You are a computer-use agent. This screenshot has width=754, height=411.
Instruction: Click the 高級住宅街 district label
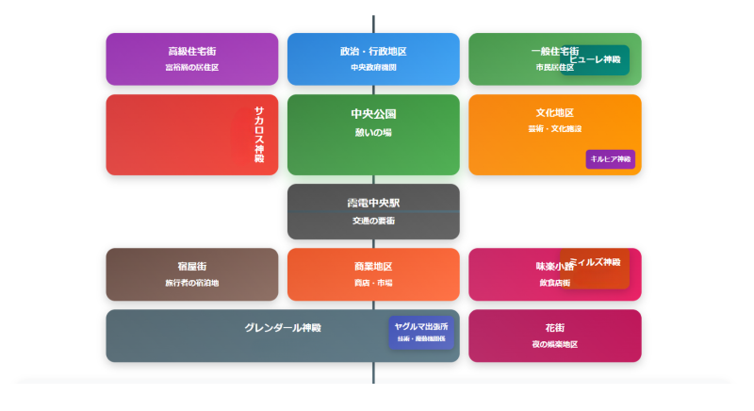coord(191,51)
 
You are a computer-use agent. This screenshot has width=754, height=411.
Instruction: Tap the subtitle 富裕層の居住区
coord(191,68)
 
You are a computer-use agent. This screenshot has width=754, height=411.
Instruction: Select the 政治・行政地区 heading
coord(373,51)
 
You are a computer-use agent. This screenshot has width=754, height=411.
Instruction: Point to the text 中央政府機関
coord(373,68)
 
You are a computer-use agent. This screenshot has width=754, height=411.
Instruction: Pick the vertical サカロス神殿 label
coord(259,135)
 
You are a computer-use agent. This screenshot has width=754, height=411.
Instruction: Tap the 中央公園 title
coord(373,114)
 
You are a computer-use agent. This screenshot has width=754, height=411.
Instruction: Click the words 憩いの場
coord(373,133)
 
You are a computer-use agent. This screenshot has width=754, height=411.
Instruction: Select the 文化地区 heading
coord(554,113)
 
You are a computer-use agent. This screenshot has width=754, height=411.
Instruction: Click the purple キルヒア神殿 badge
coord(611,159)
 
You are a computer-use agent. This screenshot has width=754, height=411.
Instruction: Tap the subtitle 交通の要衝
coord(373,221)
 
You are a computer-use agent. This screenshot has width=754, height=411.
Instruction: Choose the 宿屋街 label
coord(191,266)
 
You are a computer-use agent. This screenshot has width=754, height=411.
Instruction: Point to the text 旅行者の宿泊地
coord(191,283)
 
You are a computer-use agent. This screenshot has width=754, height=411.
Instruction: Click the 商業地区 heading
coord(373,266)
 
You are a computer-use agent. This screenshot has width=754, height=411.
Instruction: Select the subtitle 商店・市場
coord(373,283)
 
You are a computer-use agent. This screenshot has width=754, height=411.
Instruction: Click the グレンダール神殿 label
coord(283,328)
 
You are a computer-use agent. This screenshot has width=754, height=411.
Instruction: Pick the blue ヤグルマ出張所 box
coord(421,332)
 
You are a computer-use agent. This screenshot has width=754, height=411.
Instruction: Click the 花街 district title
coord(554,327)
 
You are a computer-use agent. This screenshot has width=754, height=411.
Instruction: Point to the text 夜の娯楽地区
coord(554,344)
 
